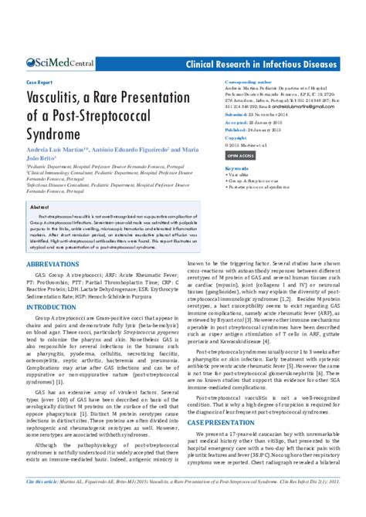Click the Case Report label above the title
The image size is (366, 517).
click(40, 80)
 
